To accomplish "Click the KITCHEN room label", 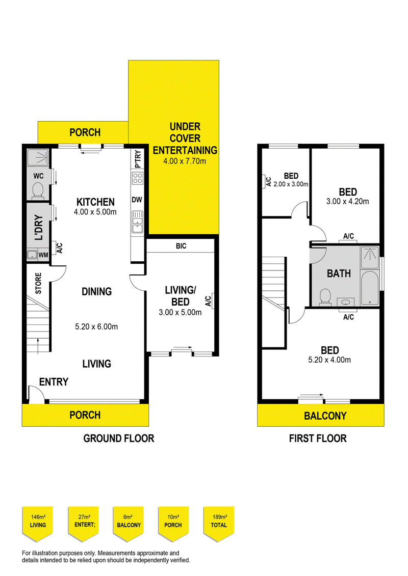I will pyautogui.click(x=95, y=202).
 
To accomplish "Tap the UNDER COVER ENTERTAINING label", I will pyautogui.click(x=185, y=138).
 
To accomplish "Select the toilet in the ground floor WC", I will pyautogui.click(x=37, y=190).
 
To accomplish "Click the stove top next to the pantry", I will pyautogui.click(x=137, y=178).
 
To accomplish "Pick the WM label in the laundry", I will pyautogui.click(x=44, y=255).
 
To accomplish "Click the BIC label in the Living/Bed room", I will pyautogui.click(x=181, y=246).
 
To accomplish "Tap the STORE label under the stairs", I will pyautogui.click(x=38, y=284).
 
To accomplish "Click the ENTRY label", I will pyautogui.click(x=54, y=382).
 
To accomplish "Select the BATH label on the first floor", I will pyautogui.click(x=339, y=273).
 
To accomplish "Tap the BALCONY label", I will pyautogui.click(x=325, y=416).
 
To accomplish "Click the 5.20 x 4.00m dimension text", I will pyautogui.click(x=330, y=360).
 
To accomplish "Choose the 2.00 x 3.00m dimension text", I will pyautogui.click(x=291, y=184).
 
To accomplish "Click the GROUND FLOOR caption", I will pyautogui.click(x=118, y=438).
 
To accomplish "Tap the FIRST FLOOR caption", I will pyautogui.click(x=317, y=438).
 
